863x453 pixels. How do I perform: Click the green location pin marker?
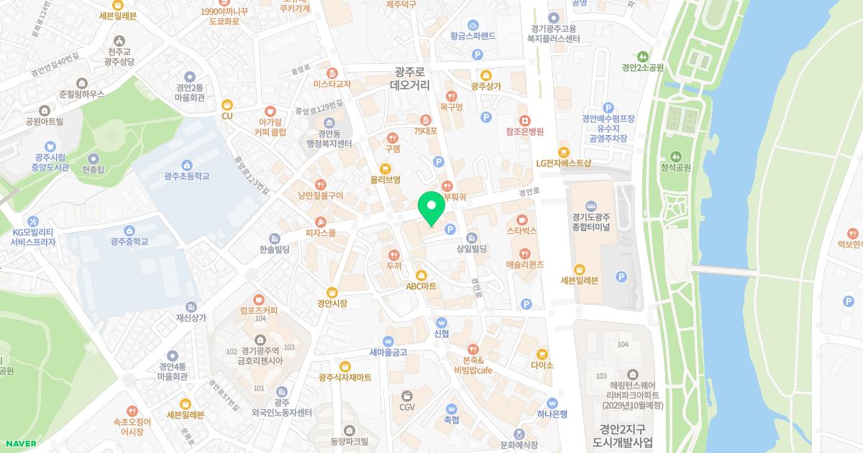point(431,209)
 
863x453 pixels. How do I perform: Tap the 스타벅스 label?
point(522,231)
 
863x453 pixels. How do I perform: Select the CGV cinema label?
point(407,407)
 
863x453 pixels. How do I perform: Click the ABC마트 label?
point(421,285)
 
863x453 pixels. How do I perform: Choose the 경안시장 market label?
point(332,303)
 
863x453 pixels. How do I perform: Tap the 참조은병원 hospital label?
point(524,132)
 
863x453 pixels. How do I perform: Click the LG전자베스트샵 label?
point(563,163)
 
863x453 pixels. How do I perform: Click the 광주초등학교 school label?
point(186,175)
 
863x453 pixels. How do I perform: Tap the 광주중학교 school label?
point(129,242)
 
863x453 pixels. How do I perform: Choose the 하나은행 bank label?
point(552,413)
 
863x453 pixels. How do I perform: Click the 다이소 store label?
point(542,365)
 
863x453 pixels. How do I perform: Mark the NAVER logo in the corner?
point(19,444)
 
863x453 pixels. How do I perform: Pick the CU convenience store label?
point(227,115)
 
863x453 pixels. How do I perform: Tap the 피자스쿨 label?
point(321,232)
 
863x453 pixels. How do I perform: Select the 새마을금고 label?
point(388,352)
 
